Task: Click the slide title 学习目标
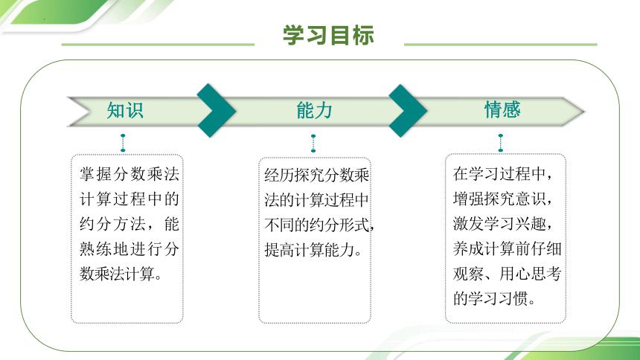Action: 328,35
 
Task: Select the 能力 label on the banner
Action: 314,111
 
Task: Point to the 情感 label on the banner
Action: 502,110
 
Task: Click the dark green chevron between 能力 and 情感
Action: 407,111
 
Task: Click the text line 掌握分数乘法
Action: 129,173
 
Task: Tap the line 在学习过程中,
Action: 502,174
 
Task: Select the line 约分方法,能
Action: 129,224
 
